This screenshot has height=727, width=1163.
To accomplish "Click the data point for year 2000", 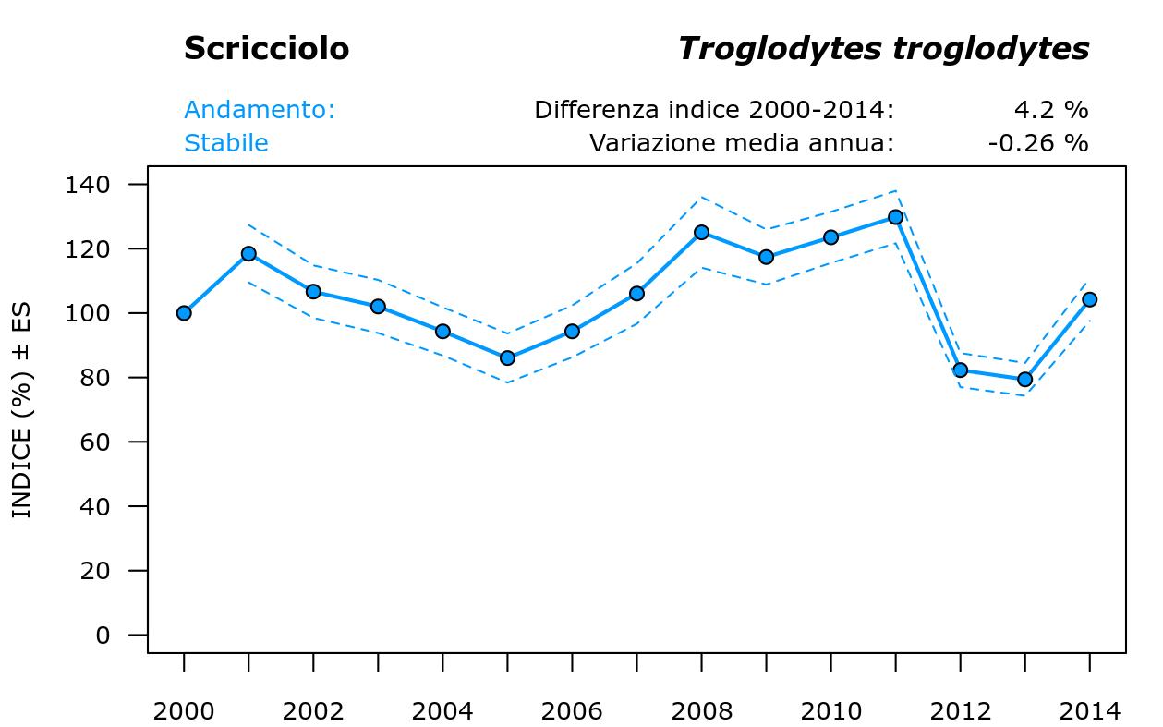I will click(184, 313).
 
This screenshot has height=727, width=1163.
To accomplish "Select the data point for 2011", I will click(895, 217).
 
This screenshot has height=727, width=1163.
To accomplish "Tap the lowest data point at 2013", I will click(1024, 380).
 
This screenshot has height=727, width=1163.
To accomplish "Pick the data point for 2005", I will click(507, 357).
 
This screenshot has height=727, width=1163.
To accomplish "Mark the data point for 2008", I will click(701, 233).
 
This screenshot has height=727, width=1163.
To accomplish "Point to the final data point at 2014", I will click(1089, 299).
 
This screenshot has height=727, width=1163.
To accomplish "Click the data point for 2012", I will click(960, 370).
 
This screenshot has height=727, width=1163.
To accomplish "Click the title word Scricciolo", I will click(266, 49).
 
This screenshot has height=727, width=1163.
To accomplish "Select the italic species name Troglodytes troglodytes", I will click(883, 49).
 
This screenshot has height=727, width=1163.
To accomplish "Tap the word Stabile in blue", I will click(226, 143).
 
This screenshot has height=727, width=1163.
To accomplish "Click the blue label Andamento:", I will click(260, 110).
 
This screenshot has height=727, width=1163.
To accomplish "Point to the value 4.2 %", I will click(1050, 110).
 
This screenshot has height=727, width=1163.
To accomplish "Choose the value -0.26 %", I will click(1037, 143).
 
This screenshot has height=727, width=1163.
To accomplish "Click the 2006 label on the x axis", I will click(572, 711).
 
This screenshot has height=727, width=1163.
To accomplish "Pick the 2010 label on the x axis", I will click(830, 711).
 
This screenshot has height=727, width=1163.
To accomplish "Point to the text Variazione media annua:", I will click(742, 143).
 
